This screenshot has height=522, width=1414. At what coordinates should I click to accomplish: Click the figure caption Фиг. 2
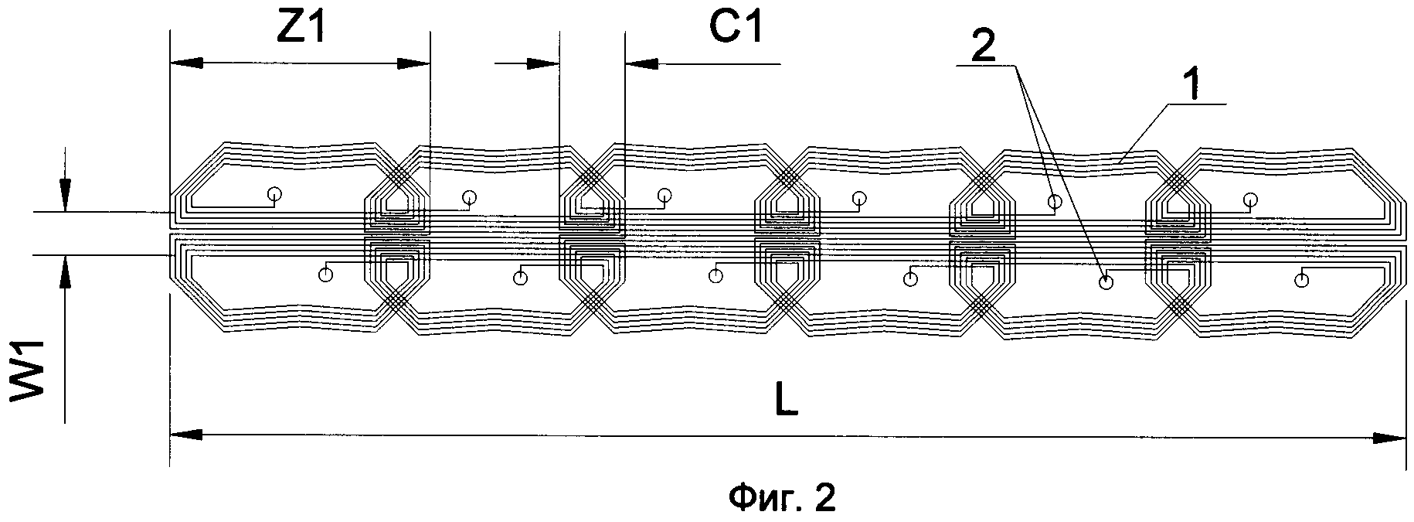click(x=782, y=497)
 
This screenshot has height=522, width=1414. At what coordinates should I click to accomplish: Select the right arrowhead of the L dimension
click(x=1391, y=438)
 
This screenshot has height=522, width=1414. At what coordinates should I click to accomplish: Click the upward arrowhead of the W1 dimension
click(x=65, y=270)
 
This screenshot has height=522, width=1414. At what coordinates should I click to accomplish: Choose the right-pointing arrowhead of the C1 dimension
click(x=543, y=64)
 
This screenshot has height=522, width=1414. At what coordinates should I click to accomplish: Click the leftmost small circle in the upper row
click(x=274, y=194)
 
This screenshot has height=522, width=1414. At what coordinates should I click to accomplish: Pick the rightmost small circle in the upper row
click(x=1250, y=200)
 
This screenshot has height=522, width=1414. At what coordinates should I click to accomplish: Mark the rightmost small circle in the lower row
click(x=1302, y=280)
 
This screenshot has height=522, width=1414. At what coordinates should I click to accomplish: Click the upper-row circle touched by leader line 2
click(x=1055, y=201)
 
